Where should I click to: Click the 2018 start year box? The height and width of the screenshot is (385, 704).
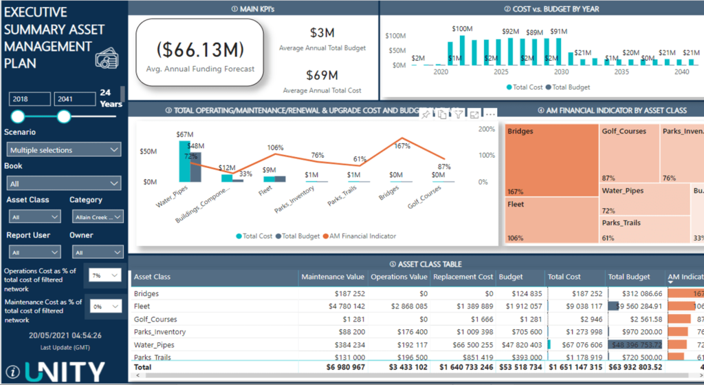tap(30, 99)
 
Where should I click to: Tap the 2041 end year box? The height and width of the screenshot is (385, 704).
tap(74, 99)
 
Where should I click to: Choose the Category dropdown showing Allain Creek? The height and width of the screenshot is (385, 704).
tap(98, 217)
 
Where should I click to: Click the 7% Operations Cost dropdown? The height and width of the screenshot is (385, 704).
tap(104, 275)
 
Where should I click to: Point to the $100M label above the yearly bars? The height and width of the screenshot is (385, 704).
tap(463, 29)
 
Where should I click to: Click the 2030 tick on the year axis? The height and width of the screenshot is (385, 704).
tap(561, 72)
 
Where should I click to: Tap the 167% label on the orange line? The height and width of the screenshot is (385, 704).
tap(403, 146)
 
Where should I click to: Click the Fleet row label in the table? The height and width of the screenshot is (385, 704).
tap(143, 306)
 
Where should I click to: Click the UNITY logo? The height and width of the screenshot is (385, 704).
tap(65, 370)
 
